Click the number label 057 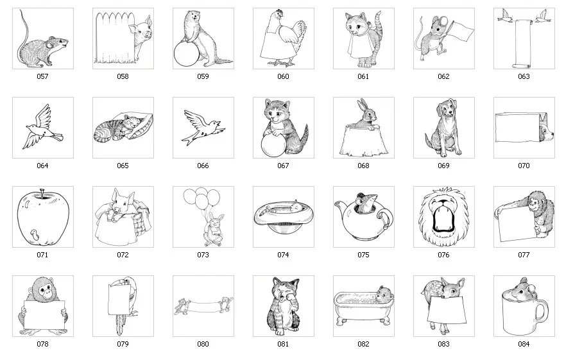click(x=42, y=76)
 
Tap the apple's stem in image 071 click(x=42, y=192)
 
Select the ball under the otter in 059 click(x=185, y=54)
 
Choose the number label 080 click(x=203, y=344)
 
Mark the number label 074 click(x=283, y=255)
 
